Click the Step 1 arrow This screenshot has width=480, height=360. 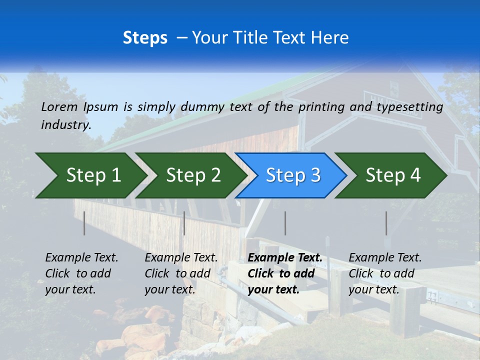pyautogui.click(x=90, y=175)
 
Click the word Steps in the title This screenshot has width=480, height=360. pyautogui.click(x=145, y=38)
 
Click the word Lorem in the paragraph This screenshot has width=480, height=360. pyautogui.click(x=59, y=106)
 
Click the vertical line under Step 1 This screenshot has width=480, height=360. pyautogui.click(x=84, y=223)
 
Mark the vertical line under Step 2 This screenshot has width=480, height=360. pyautogui.click(x=184, y=223)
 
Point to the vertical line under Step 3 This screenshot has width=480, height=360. pyautogui.click(x=285, y=223)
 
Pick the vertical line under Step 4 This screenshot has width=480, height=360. pyautogui.click(x=386, y=223)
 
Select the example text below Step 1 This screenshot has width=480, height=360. pyautogui.click(x=81, y=273)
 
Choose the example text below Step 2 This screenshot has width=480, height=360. pyautogui.click(x=181, y=273)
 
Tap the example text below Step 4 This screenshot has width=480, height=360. pyautogui.click(x=385, y=273)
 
